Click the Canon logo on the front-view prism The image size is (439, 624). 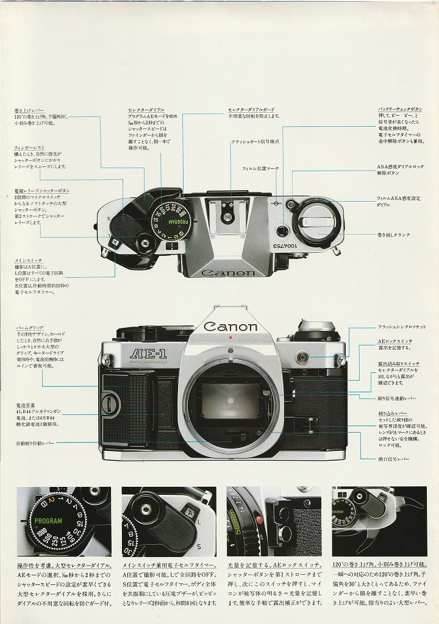(x=230, y=327)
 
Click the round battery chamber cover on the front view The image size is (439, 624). (x=110, y=402)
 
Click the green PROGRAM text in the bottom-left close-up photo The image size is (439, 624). (x=48, y=522)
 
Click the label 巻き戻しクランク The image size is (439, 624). (x=393, y=235)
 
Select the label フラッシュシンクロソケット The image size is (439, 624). (x=401, y=327)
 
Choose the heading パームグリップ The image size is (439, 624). (x=30, y=328)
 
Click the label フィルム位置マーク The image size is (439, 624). (x=260, y=168)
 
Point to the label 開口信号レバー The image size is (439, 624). (x=393, y=459)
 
